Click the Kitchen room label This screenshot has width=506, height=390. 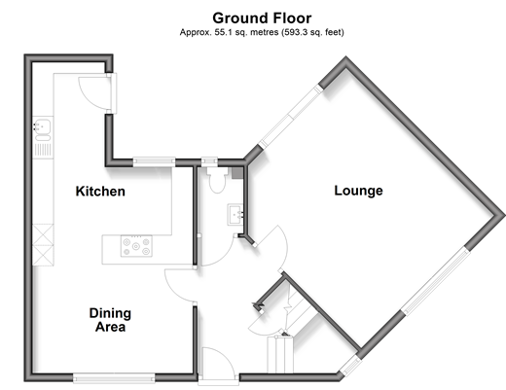pyautogui.click(x=100, y=192)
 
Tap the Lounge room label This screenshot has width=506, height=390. pyautogui.click(x=358, y=191)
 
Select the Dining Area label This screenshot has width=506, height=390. pyautogui.click(x=110, y=320)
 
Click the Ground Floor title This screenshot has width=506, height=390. pyautogui.click(x=262, y=18)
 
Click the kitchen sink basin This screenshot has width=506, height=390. pyautogui.click(x=43, y=125)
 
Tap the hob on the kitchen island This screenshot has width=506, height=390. pyautogui.click(x=136, y=246)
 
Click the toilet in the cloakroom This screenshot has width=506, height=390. pyautogui.click(x=217, y=180)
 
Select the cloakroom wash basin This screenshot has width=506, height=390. pyautogui.click(x=235, y=214)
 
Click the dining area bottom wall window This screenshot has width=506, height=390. pyautogui.click(x=114, y=378)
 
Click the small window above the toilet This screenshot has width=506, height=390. pyautogui.click(x=209, y=161)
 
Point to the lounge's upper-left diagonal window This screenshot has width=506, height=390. pyautogui.click(x=291, y=117)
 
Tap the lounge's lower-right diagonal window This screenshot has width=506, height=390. pyautogui.click(x=436, y=280)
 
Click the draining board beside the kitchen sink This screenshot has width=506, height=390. pyautogui.click(x=43, y=150)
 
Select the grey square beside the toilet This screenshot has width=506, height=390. pyautogui.click(x=237, y=173)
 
